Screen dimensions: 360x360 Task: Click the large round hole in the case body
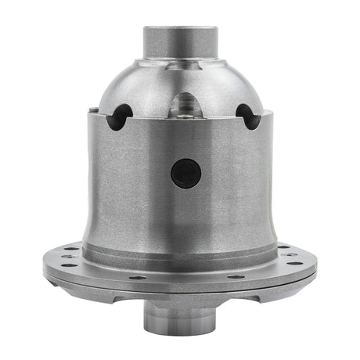click(x=185, y=172)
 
